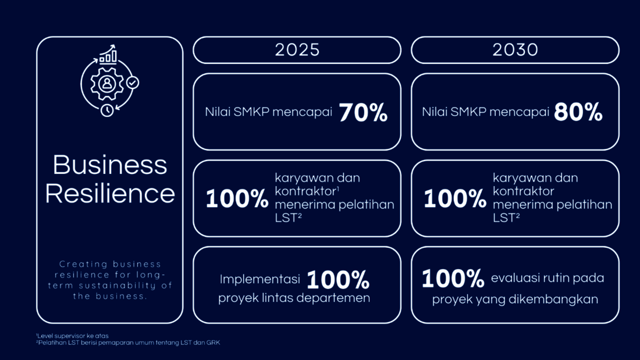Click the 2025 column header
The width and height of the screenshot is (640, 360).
[297, 50]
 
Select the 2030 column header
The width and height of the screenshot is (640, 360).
[515, 50]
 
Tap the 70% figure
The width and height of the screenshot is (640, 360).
[363, 112]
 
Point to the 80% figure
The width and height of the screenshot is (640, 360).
[578, 112]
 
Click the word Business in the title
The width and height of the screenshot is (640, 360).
[110, 165]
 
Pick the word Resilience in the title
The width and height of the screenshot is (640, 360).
[110, 194]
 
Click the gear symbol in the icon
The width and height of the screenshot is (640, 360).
[107, 84]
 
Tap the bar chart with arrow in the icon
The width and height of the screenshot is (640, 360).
[108, 54]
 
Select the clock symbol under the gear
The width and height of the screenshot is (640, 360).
[107, 110]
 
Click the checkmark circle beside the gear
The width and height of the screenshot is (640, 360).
[132, 83]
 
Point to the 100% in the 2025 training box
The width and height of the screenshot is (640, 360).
[237, 199]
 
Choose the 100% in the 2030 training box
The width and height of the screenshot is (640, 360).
[455, 199]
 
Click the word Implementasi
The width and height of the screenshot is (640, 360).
[259, 279]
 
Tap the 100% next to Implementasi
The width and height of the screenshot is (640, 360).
[338, 280]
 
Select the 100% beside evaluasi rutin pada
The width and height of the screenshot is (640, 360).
[453, 278]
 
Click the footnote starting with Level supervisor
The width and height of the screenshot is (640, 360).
[72, 336]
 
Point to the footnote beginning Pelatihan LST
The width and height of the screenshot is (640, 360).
[128, 343]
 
